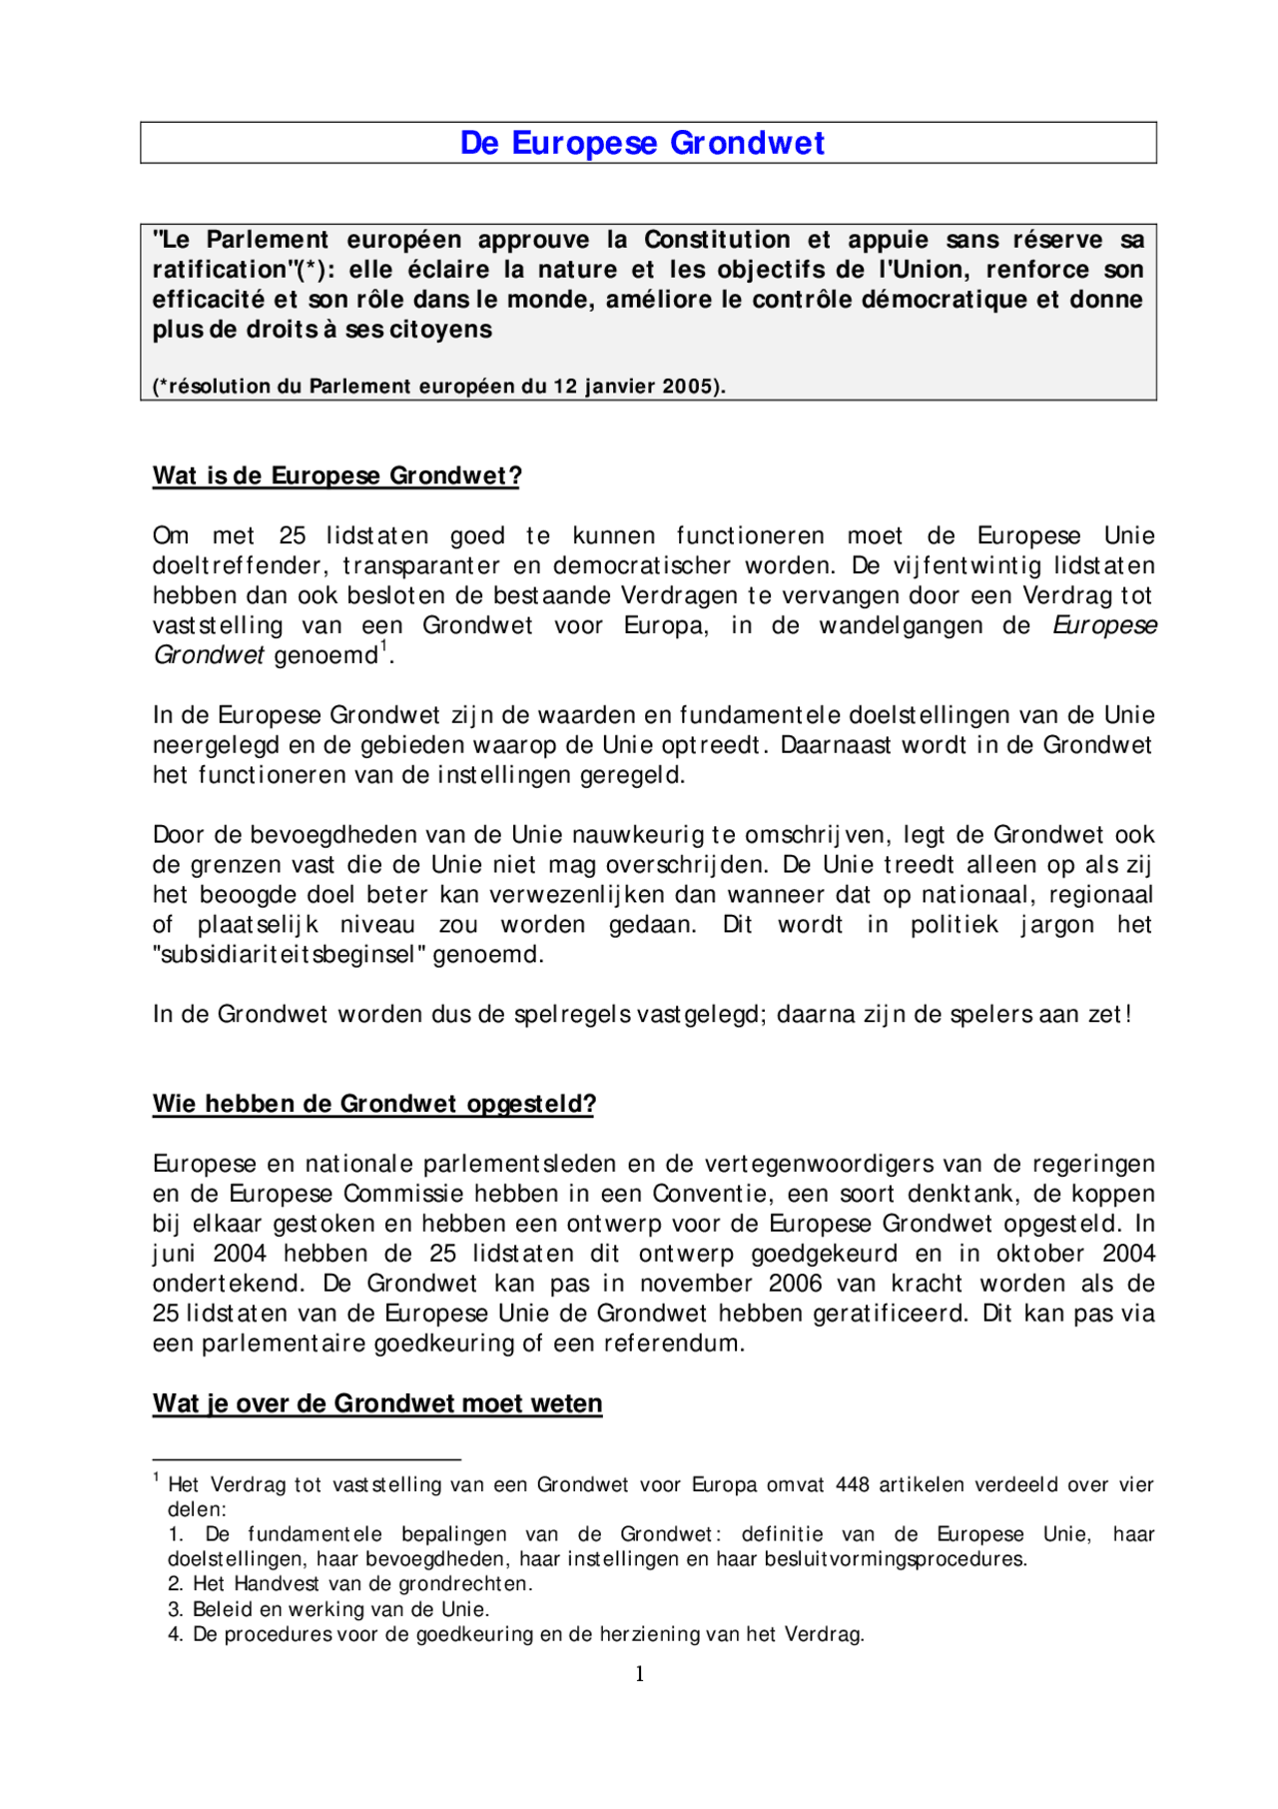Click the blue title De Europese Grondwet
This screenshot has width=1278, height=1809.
(642, 143)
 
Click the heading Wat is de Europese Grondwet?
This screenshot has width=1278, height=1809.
(336, 475)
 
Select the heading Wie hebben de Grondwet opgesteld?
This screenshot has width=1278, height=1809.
(373, 1104)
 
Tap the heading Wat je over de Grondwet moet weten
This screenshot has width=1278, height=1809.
(377, 1403)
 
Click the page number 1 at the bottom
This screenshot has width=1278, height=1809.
(639, 1674)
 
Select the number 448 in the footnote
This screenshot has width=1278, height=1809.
(852, 1485)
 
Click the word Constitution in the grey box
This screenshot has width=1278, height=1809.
(717, 240)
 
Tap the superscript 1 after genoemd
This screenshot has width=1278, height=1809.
(383, 648)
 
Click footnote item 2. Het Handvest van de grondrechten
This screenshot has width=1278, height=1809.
(349, 1583)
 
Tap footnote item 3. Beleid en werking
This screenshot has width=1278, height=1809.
(328, 1609)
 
